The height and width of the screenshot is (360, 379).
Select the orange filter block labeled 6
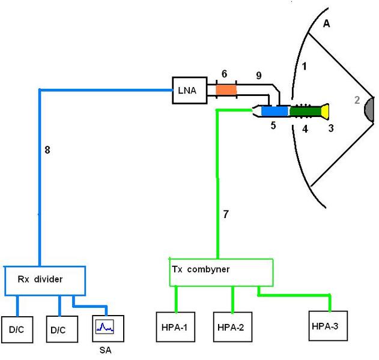click(x=226, y=90)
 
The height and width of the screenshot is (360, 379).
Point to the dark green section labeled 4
click(x=305, y=111)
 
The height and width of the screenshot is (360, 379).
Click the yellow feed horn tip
click(x=326, y=111)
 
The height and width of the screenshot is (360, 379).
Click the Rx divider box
click(x=45, y=280)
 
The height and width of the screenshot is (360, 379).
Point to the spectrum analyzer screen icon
click(x=106, y=327)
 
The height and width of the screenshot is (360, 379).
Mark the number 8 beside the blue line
click(x=47, y=149)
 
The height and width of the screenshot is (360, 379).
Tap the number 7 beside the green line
click(x=226, y=214)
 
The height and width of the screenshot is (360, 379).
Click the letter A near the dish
click(x=327, y=23)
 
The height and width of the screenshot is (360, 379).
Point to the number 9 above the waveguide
click(x=259, y=76)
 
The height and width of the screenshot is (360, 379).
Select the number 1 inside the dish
click(x=305, y=66)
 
